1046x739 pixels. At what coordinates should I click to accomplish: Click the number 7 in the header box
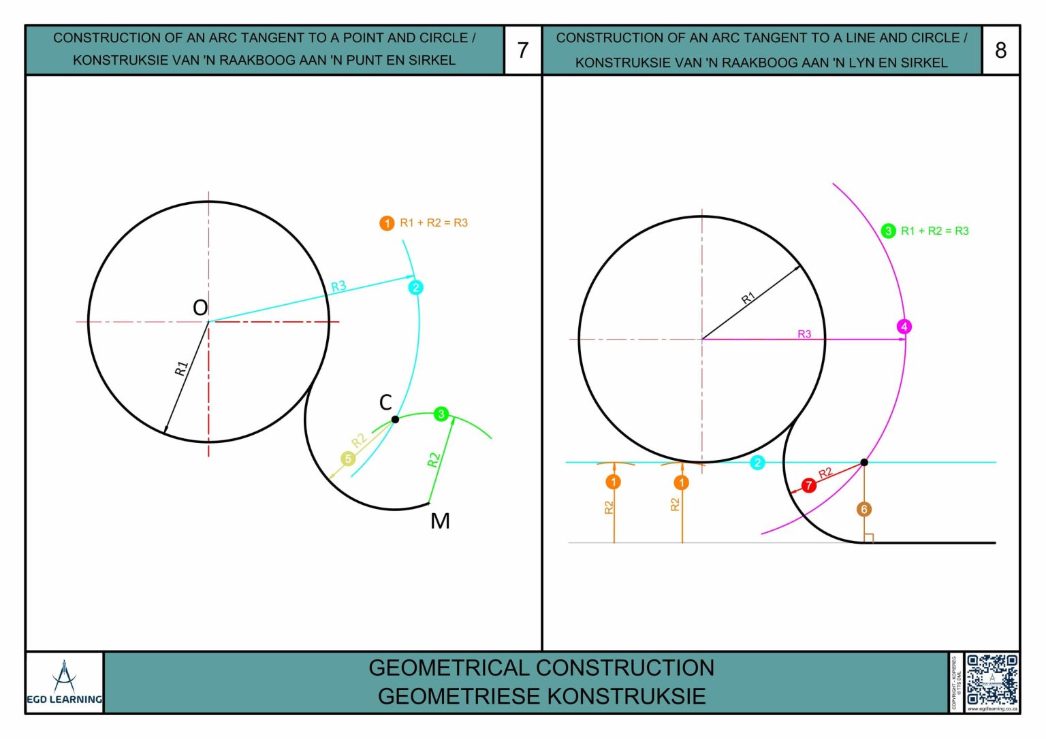[523, 50]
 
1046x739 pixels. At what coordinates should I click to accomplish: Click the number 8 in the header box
[1000, 50]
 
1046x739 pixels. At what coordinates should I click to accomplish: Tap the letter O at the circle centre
[200, 308]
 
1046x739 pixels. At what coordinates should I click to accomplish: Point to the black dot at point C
[395, 419]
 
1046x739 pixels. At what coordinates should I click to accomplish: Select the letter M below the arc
[440, 521]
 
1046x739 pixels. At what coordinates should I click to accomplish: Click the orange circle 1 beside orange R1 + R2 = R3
[387, 223]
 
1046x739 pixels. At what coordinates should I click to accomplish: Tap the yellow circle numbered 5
[348, 459]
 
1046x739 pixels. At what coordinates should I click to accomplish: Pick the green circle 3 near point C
[441, 414]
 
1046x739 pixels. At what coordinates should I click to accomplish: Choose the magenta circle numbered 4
[904, 327]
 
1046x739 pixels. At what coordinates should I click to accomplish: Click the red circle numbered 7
[808, 485]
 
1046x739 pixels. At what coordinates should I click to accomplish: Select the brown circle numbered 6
[864, 509]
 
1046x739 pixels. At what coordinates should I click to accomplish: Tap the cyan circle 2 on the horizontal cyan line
[757, 463]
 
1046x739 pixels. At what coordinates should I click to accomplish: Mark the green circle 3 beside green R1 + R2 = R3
[888, 231]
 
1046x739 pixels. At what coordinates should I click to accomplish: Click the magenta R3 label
[804, 334]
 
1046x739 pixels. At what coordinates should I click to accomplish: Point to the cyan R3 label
[338, 286]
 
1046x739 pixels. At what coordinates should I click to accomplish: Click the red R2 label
[825, 473]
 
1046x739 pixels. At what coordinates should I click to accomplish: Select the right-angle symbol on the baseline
[868, 538]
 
